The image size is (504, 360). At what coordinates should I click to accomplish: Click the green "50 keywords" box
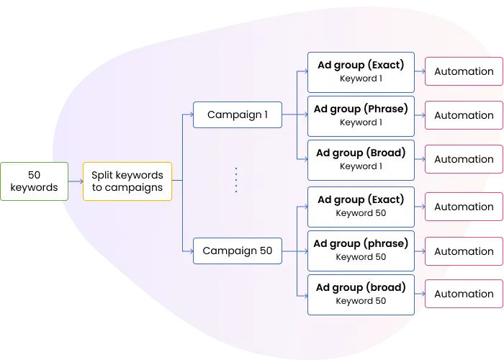[x=35, y=181]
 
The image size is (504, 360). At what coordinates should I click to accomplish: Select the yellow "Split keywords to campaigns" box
[x=127, y=181]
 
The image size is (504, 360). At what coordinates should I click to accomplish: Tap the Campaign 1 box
[x=238, y=114]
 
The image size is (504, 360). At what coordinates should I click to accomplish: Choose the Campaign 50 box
[x=238, y=251]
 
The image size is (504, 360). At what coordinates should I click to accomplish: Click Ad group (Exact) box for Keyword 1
[x=361, y=72]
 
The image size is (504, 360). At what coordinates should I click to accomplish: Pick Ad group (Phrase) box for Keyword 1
[x=361, y=116]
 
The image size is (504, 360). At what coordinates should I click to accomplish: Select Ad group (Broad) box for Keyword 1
[x=361, y=160]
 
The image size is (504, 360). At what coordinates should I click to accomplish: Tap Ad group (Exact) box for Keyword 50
[x=361, y=207]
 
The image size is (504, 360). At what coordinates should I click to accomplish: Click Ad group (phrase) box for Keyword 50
[x=361, y=251]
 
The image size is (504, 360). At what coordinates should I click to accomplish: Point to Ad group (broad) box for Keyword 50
[x=361, y=294]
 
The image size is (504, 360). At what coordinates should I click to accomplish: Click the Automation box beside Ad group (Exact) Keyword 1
[x=464, y=71]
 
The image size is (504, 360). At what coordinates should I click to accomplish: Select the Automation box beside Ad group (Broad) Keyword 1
[x=464, y=159]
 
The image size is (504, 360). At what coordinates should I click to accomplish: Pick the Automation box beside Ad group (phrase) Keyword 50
[x=464, y=251]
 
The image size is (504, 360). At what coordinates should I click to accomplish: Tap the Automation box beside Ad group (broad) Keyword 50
[x=464, y=294]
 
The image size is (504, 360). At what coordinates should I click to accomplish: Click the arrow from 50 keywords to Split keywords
[x=76, y=181]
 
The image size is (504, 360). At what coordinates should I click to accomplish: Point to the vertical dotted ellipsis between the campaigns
[x=236, y=180]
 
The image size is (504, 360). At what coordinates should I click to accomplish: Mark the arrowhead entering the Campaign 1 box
[x=192, y=114]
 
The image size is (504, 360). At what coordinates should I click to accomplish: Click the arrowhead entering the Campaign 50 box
[x=192, y=251]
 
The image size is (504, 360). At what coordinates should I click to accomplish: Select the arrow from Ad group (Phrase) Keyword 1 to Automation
[x=420, y=115]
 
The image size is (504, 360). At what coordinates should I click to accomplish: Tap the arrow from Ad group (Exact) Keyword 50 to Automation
[x=420, y=207]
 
